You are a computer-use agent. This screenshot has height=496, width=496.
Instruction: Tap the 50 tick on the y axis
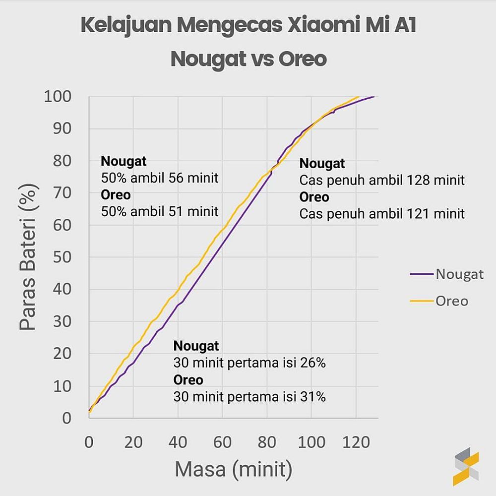point(63,257)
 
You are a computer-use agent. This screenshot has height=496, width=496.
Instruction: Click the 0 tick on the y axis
point(66,418)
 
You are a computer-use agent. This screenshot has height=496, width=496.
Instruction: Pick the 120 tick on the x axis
point(356,441)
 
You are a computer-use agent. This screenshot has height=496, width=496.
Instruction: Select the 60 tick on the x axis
point(222,441)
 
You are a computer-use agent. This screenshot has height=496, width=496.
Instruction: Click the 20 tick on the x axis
point(133,441)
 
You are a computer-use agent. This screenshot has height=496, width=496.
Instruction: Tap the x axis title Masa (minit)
point(233,469)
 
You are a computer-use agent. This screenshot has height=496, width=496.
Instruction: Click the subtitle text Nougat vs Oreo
point(248,60)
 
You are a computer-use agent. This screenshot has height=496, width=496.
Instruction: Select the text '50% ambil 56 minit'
point(160,178)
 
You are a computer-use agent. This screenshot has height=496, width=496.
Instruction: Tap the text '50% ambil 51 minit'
point(160,212)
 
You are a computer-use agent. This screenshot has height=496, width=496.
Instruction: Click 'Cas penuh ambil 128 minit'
point(382,180)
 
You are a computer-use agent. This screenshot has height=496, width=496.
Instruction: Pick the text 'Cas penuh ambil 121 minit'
point(382,214)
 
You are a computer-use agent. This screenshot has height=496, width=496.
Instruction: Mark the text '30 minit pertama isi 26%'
point(249,363)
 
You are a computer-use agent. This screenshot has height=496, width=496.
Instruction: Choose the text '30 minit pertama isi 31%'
point(249,397)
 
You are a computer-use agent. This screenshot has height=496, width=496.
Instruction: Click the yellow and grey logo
point(467,466)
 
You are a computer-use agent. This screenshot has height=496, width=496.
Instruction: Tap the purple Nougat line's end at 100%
point(373,97)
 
